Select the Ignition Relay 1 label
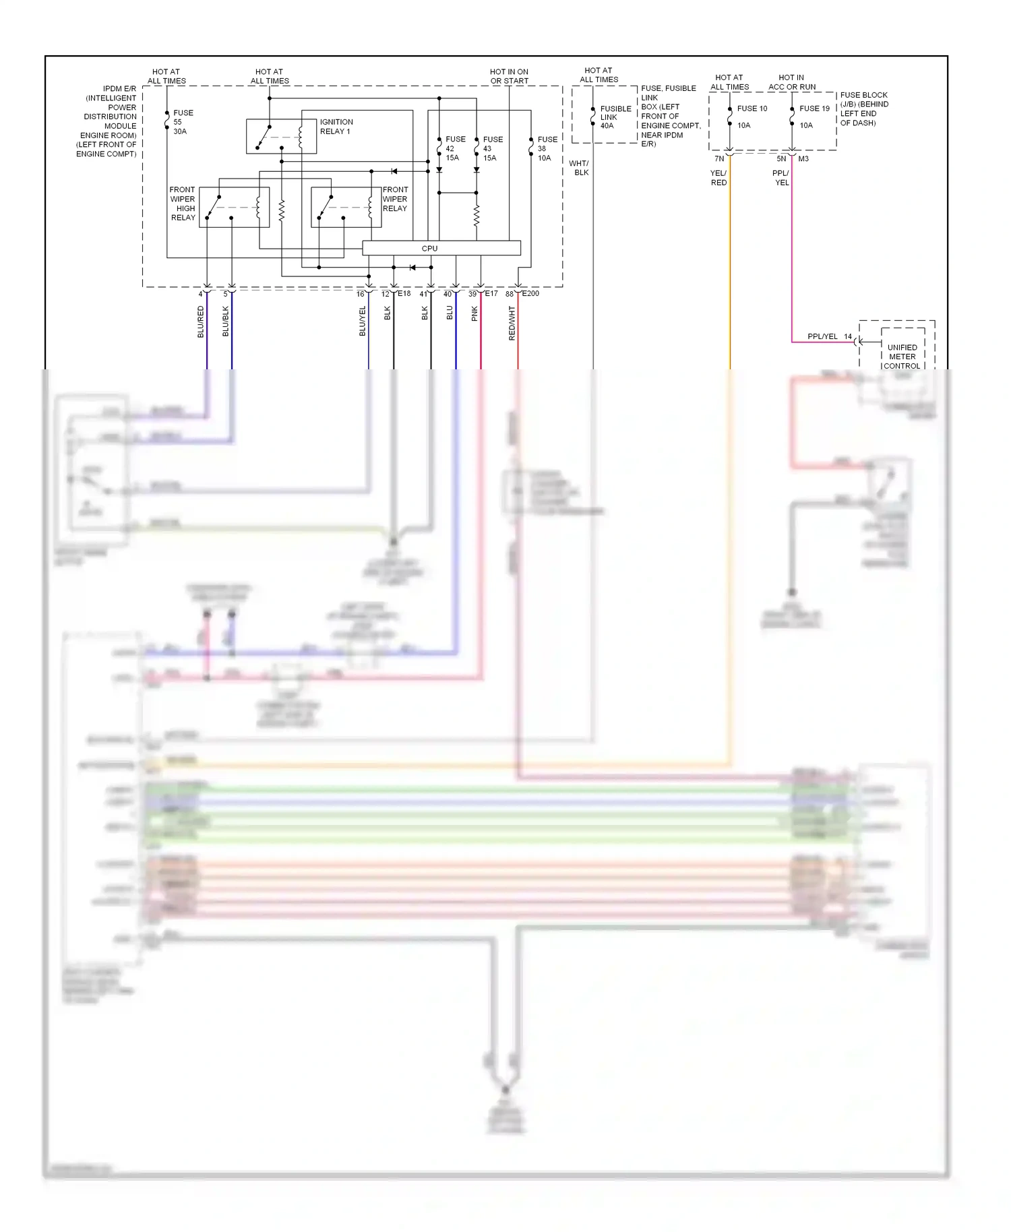point(336,127)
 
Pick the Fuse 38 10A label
point(547,148)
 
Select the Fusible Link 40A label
point(615,117)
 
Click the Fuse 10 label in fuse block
point(752,109)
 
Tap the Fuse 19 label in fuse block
point(814,109)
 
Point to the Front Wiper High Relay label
point(183,204)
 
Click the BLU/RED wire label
point(200,321)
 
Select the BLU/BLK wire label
point(226,321)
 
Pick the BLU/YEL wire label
point(363,321)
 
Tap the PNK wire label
point(474,313)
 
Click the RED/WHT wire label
point(512,323)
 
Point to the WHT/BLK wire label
point(579,168)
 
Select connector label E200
point(530,293)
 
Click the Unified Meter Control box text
point(902,357)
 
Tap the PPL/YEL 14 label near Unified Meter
point(829,336)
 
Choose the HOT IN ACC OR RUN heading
point(791,82)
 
